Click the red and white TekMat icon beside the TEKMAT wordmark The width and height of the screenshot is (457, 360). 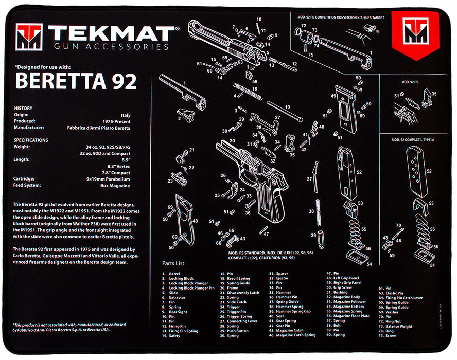pos(28,37)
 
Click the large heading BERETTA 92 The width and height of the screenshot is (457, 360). pos(76,81)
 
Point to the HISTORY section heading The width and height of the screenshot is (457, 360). pos(23,109)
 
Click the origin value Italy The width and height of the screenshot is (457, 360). pos(126,116)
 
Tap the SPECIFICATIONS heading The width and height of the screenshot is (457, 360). pos(31,140)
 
